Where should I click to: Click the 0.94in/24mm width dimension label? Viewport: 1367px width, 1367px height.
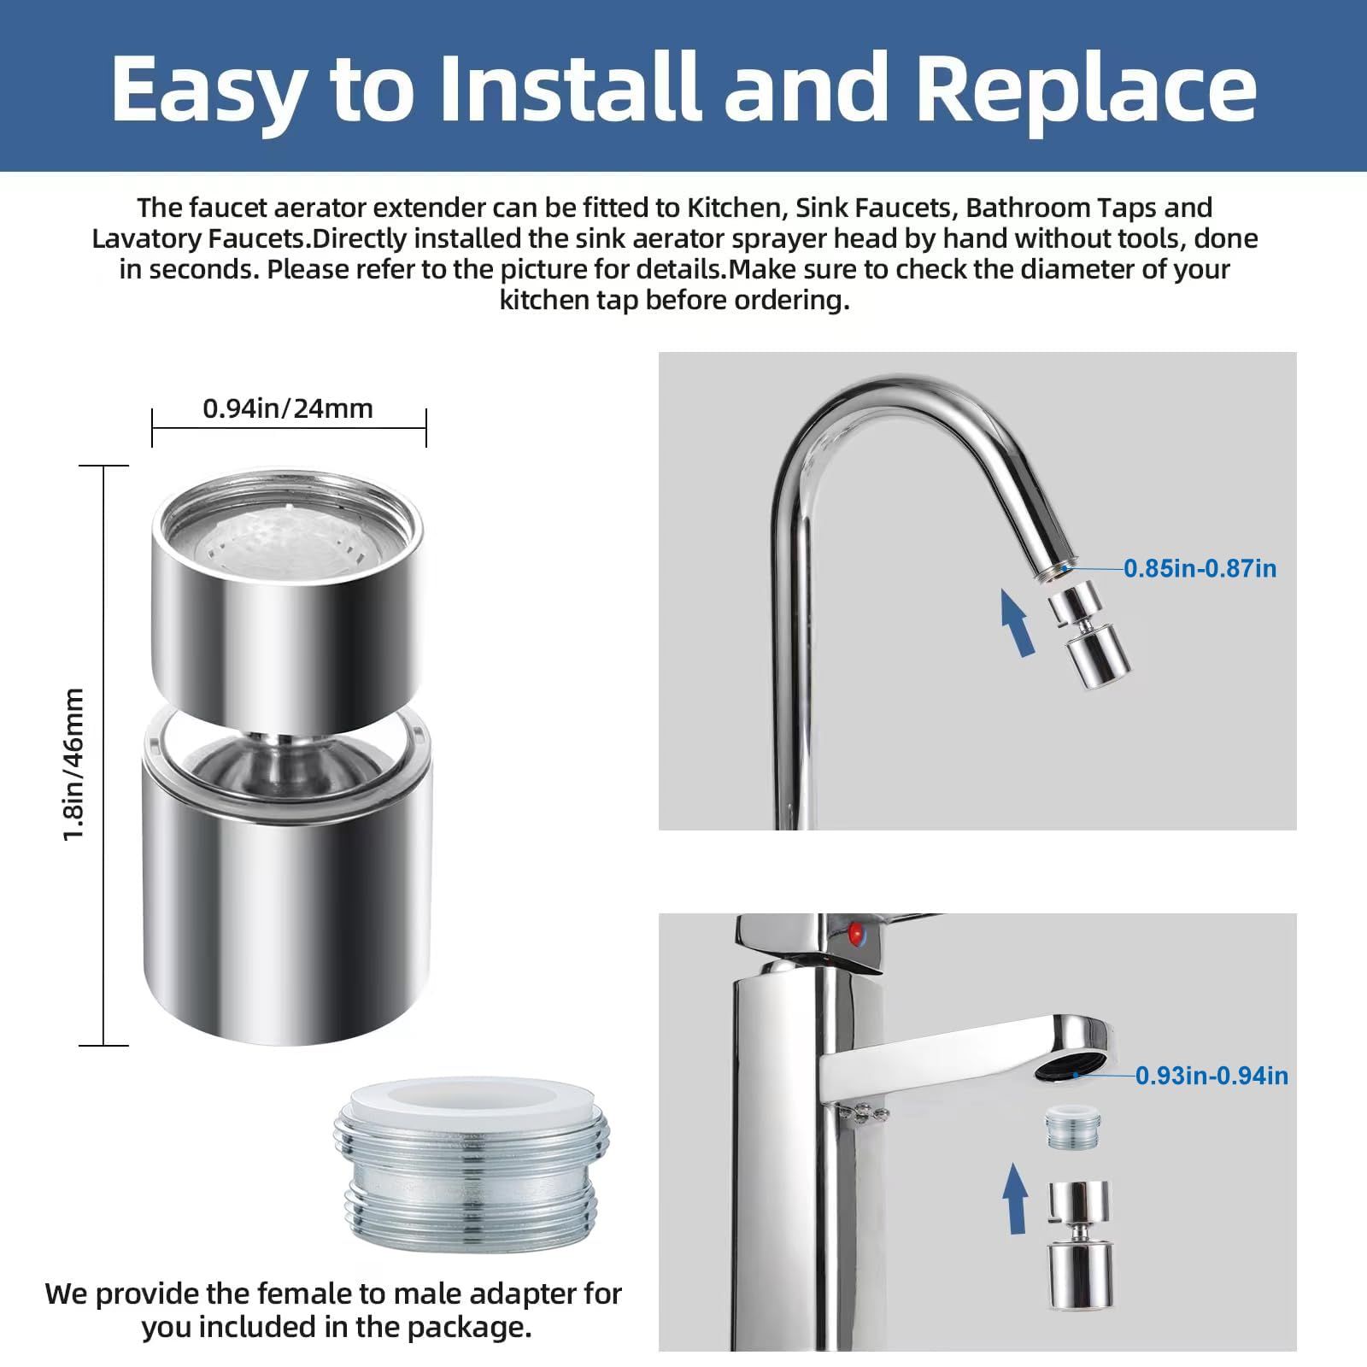(x=288, y=408)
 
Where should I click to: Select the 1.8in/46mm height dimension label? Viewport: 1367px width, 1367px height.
(x=74, y=764)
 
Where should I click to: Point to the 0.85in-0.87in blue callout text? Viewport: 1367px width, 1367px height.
(x=1200, y=568)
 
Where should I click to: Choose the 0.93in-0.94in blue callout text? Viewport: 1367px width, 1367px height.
(x=1212, y=1075)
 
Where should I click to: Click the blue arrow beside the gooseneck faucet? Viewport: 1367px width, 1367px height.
(x=1017, y=625)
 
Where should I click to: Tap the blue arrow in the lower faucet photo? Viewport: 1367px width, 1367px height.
(x=1015, y=1198)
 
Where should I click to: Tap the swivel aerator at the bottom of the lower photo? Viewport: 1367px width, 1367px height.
(x=1081, y=1256)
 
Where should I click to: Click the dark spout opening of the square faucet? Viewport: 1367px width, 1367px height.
(x=1070, y=1067)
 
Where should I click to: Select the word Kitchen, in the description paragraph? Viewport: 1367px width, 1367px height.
(x=734, y=208)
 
